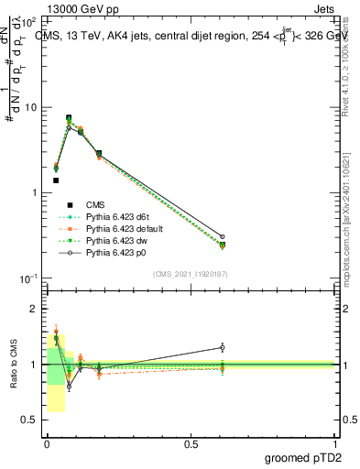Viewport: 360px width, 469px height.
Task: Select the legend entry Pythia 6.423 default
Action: pos(123,228)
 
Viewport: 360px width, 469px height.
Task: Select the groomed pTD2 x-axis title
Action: pos(305,458)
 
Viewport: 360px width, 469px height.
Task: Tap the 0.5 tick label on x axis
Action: pos(190,443)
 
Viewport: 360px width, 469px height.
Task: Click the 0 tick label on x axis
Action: pos(47,443)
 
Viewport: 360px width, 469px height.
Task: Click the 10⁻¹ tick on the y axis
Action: pos(29,278)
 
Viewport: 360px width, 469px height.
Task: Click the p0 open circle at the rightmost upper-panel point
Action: pos(222,236)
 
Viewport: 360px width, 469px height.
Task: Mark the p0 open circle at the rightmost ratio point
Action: pos(222,347)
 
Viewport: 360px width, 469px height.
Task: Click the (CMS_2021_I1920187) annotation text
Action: pos(191,273)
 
